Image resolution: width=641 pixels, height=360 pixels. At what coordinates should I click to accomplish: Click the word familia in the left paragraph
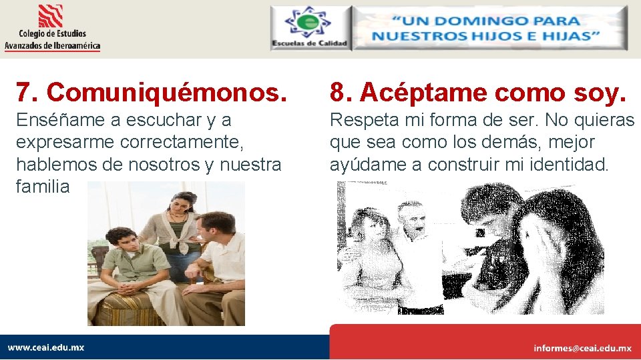[43, 187]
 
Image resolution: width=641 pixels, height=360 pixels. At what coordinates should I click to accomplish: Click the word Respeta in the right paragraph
[365, 121]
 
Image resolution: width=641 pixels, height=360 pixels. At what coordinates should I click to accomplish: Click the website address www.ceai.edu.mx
[46, 347]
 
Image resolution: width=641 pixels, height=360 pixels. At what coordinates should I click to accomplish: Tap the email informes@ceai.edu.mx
[582, 348]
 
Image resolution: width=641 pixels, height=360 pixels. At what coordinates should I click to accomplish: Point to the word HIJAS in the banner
[568, 36]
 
